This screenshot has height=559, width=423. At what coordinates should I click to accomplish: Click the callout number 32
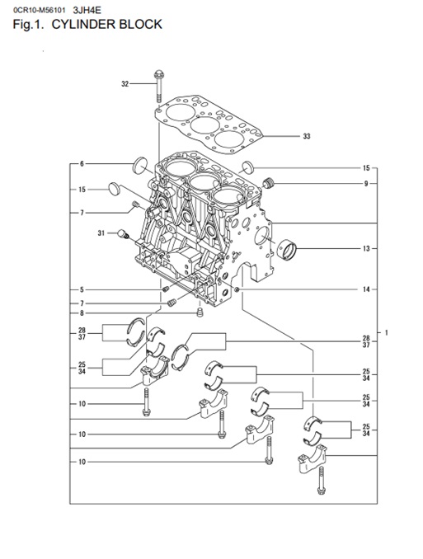125,84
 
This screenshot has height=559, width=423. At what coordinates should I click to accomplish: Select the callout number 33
307,136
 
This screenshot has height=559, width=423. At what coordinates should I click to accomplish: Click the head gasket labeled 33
209,124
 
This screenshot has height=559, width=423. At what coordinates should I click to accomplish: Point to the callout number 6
82,164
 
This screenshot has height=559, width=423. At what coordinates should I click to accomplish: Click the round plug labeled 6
140,165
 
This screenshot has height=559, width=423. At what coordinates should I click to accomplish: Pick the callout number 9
365,184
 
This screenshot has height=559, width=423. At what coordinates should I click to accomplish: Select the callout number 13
366,249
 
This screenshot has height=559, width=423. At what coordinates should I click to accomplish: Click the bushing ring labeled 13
287,250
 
